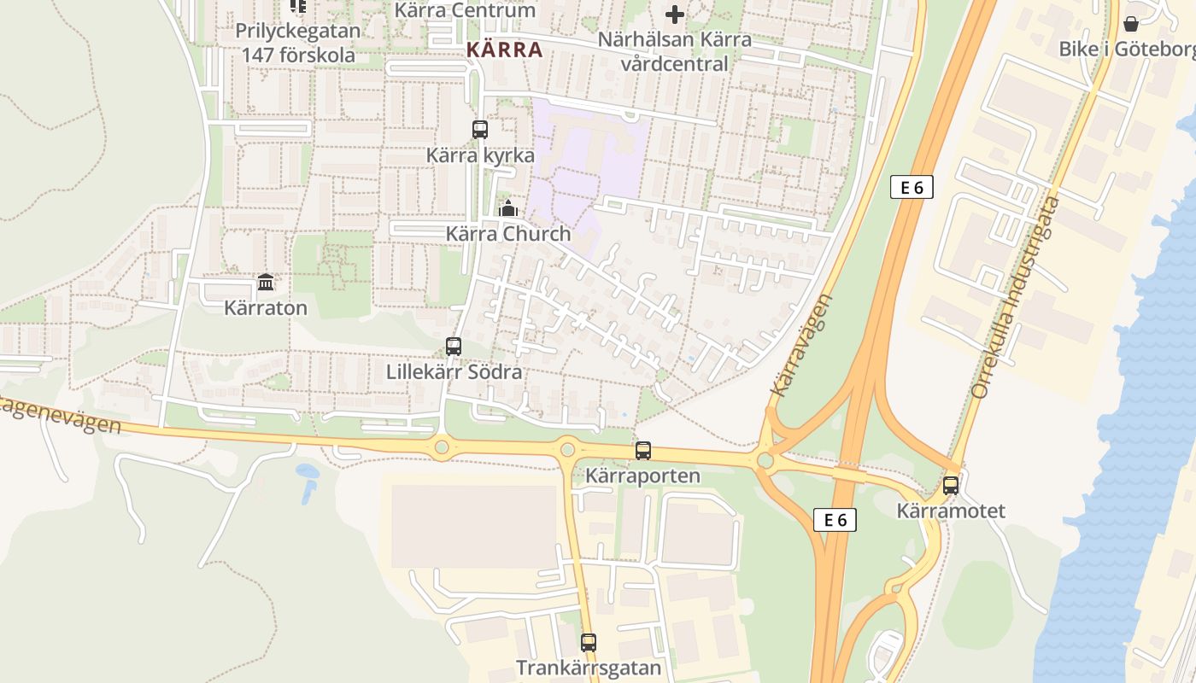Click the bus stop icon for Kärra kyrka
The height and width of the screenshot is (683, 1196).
pos(480,130)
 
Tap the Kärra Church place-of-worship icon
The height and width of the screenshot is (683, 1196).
pos(508,208)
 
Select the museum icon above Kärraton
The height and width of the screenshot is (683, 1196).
pos(266,282)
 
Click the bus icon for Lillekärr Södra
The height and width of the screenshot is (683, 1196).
pos(454,347)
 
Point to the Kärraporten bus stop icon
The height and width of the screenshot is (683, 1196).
pos(643,451)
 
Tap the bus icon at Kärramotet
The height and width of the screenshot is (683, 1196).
pos(951,486)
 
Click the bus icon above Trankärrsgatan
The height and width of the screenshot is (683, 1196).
pos(589,643)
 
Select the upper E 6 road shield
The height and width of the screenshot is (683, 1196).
pos(912,188)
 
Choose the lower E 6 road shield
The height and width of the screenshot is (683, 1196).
pos(835,520)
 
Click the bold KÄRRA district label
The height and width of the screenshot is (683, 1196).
pos(505,50)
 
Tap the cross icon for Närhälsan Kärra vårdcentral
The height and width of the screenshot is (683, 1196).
pos(675,15)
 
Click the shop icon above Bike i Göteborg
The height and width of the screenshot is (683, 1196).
pos(1131,24)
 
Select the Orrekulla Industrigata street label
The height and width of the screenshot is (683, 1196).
pos(1016,297)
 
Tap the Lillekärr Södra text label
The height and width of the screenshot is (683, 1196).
pos(454,372)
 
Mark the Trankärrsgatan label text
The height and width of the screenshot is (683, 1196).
pos(589,668)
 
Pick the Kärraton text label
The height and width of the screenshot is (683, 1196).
pos(266,307)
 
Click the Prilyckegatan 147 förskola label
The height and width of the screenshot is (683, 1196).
pos(298,43)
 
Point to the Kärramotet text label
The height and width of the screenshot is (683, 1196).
pos(951,511)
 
